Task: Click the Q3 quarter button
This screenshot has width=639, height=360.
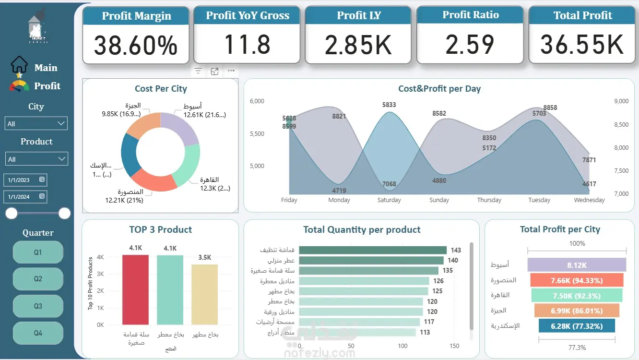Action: tap(38, 306)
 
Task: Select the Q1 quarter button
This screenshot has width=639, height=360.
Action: tap(38, 252)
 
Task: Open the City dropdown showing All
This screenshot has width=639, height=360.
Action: tap(36, 123)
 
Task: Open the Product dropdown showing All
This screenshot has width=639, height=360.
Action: tap(36, 159)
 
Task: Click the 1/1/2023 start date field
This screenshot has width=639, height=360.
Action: tap(25, 180)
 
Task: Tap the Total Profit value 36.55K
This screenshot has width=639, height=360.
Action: tap(582, 45)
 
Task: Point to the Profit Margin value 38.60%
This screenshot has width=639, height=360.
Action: tap(136, 46)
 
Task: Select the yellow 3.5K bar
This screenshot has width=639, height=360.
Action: tap(204, 294)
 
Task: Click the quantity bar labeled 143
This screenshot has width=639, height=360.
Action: tap(372, 250)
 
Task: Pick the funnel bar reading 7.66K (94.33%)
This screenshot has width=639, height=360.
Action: tap(576, 280)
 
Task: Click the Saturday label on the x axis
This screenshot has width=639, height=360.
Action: tap(389, 200)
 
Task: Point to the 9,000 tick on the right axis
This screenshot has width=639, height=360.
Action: tap(621, 101)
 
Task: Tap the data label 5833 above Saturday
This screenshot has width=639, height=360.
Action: tap(389, 105)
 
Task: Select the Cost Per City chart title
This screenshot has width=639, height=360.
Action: tap(161, 89)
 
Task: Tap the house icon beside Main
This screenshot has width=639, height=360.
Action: tap(20, 65)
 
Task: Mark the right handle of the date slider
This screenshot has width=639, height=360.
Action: tap(64, 213)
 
